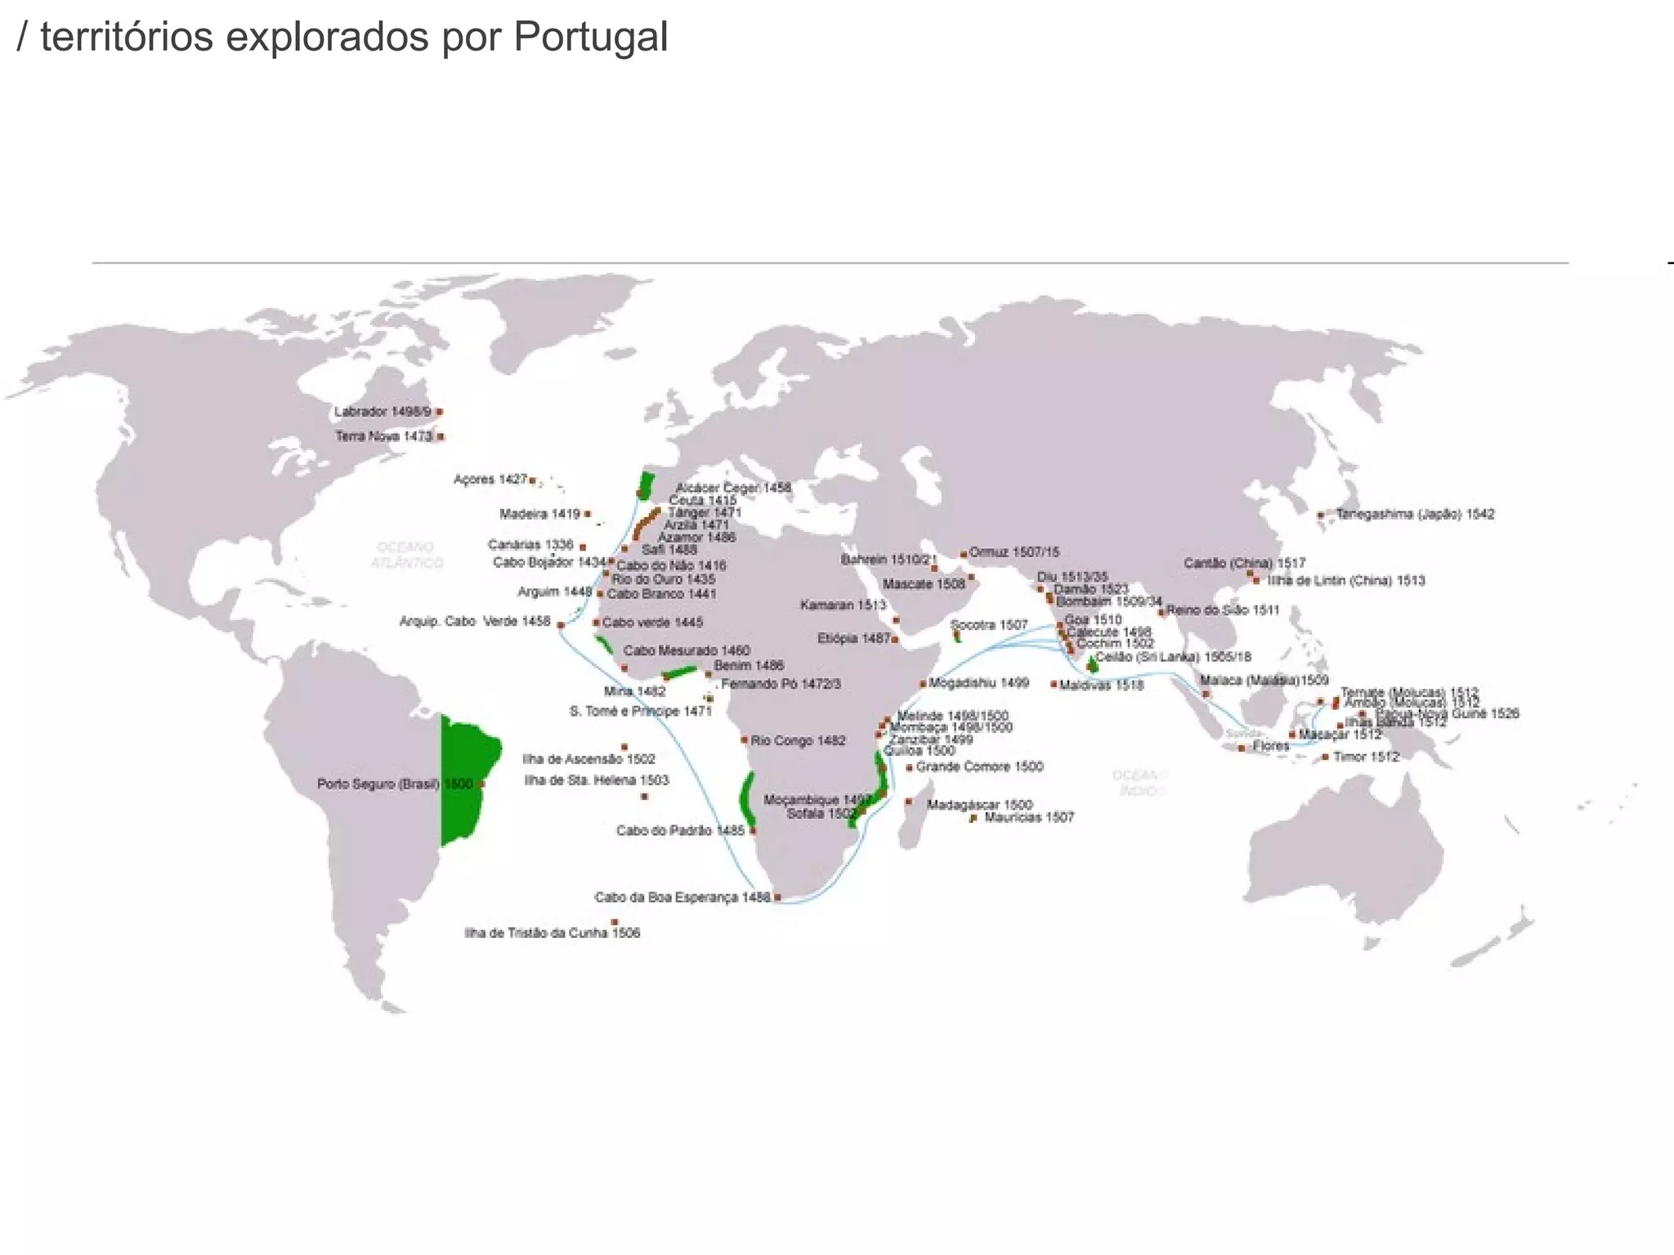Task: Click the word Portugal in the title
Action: (x=590, y=38)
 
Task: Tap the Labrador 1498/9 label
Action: (x=382, y=412)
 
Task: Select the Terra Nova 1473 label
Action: (x=383, y=436)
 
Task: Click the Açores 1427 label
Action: (x=490, y=479)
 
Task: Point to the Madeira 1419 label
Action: (x=539, y=514)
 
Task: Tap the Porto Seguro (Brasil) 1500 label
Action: (x=395, y=784)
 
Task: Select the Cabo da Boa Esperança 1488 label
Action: (x=682, y=897)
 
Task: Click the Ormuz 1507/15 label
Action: (x=1014, y=552)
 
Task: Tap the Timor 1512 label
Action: (x=1366, y=757)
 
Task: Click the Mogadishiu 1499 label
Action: (x=978, y=682)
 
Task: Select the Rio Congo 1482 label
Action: (x=798, y=740)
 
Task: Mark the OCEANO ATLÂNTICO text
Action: (x=406, y=555)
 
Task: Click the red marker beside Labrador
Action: (x=439, y=412)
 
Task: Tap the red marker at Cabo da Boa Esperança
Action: (x=777, y=897)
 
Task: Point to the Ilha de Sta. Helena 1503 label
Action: (x=596, y=780)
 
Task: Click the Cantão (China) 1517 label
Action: (x=1244, y=563)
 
